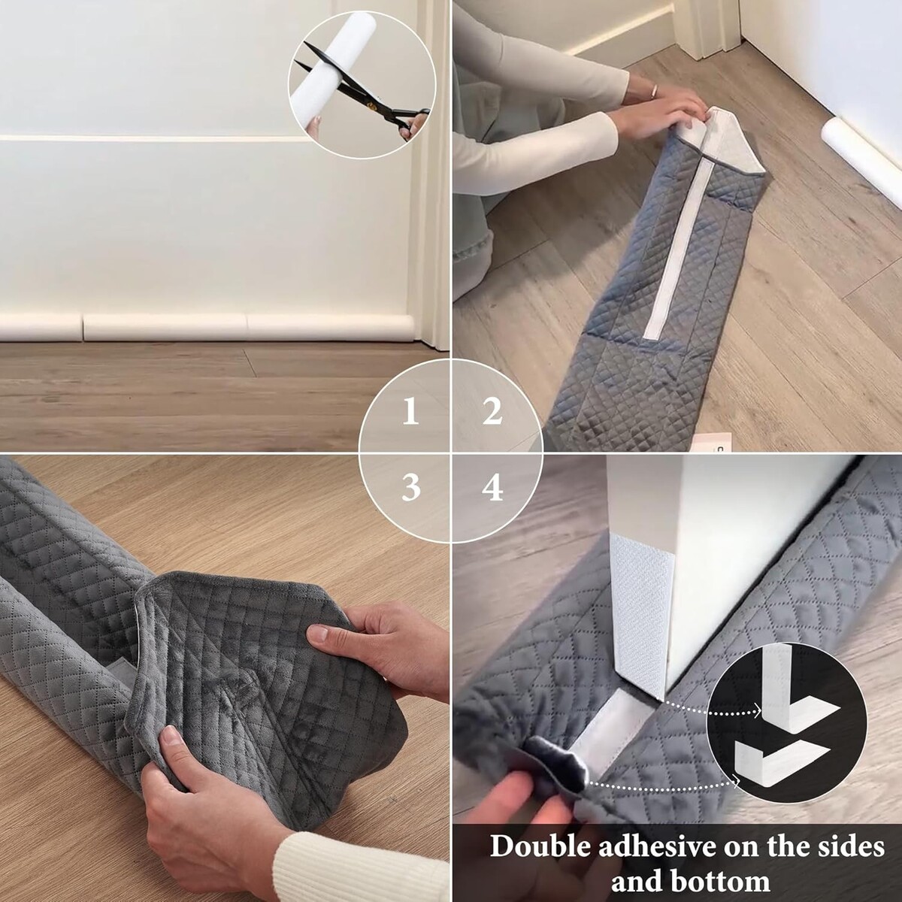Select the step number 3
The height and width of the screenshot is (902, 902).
[x=410, y=488]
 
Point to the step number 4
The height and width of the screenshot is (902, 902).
[x=492, y=488]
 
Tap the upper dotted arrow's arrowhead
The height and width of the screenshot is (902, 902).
[x=758, y=725]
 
